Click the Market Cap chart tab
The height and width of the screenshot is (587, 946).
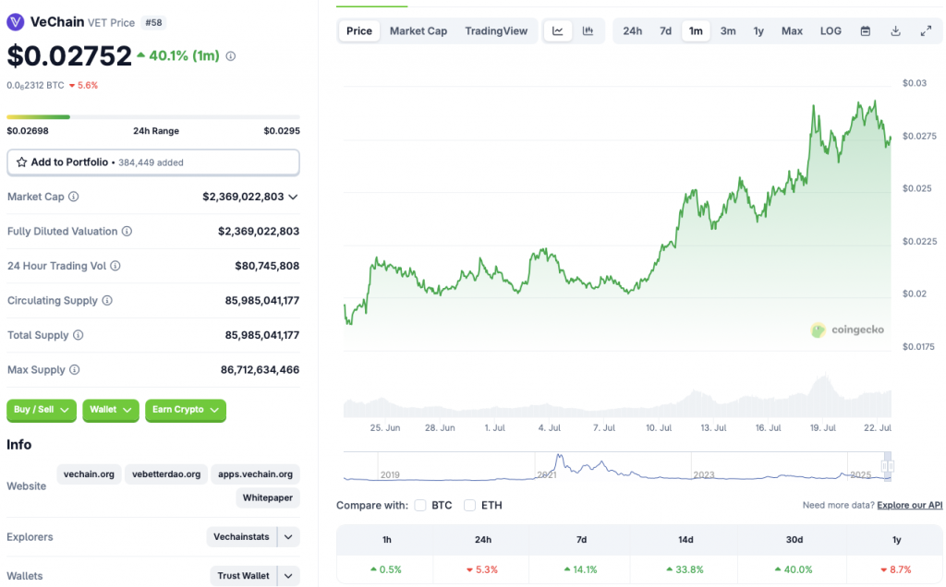[x=418, y=31]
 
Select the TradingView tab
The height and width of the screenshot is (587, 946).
[x=496, y=31]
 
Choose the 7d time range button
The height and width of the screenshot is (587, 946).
[x=665, y=31]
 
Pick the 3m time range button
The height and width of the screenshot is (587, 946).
[x=728, y=31]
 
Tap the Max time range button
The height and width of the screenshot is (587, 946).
[x=792, y=31]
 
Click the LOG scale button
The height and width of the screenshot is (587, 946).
[x=831, y=31]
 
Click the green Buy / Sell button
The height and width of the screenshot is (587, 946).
[x=42, y=410]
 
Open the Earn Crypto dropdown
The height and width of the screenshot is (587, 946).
[x=185, y=410]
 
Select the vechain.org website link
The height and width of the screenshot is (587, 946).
[x=89, y=474]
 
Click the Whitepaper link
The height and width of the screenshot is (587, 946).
[x=268, y=498]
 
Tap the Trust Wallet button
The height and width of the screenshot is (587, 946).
[x=243, y=576]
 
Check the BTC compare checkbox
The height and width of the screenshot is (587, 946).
[x=420, y=506]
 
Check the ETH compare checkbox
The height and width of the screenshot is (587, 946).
[x=469, y=506]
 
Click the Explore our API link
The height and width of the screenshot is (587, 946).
[x=909, y=506]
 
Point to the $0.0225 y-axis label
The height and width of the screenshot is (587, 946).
[x=919, y=242]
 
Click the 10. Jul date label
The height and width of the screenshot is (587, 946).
[x=659, y=428]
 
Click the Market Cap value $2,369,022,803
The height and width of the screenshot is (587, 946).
[x=244, y=197]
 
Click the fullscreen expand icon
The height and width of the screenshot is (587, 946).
[x=926, y=31]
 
